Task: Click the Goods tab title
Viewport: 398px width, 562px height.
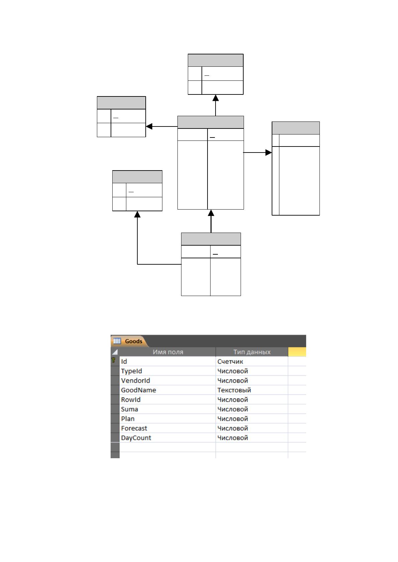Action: click(133, 341)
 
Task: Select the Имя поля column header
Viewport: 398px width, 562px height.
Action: click(168, 352)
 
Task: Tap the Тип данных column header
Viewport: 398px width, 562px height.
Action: click(252, 352)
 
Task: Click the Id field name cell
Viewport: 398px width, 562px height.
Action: click(124, 361)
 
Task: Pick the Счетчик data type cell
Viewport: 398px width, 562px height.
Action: click(230, 361)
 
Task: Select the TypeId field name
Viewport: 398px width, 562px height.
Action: click(131, 371)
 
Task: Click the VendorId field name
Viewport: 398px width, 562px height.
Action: click(135, 380)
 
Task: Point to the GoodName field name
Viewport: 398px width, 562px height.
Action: click(138, 390)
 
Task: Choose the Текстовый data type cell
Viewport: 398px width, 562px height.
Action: click(234, 390)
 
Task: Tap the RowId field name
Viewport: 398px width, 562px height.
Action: click(131, 400)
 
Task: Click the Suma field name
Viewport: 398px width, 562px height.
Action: click(129, 409)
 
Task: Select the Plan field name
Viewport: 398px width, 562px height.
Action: click(128, 419)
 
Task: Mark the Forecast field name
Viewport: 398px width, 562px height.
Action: click(134, 428)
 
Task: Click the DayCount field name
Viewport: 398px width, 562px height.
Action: click(136, 438)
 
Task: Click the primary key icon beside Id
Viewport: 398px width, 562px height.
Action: click(113, 360)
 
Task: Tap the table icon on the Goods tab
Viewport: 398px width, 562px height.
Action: click(117, 341)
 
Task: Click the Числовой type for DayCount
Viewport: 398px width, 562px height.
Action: click(233, 438)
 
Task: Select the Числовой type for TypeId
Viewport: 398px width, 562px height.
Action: click(233, 371)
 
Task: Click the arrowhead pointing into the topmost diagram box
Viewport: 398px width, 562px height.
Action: click(215, 98)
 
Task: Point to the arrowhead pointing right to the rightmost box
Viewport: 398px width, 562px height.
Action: click(269, 152)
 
